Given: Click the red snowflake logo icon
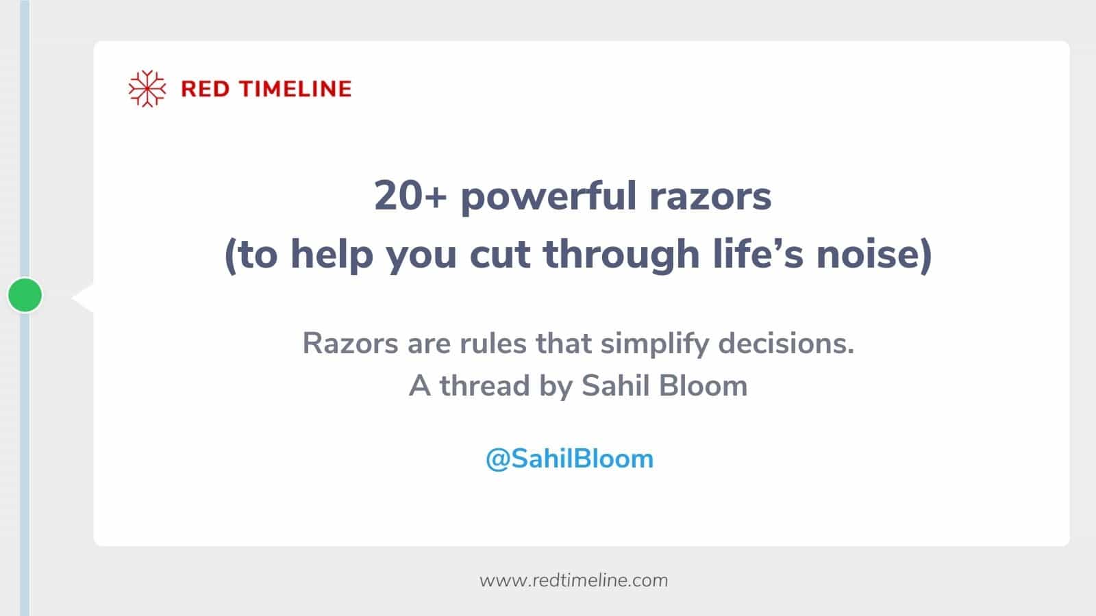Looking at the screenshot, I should (x=147, y=89).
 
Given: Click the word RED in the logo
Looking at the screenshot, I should (x=205, y=89).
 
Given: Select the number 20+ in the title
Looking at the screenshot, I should (x=410, y=196).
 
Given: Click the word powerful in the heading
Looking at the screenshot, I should (x=549, y=197).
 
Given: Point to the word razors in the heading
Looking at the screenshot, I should (x=710, y=197).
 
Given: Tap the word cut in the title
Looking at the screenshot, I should (x=499, y=255).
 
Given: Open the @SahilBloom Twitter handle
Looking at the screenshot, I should (x=569, y=459).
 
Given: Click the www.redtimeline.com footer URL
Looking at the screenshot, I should (x=573, y=580).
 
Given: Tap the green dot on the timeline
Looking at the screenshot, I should (x=25, y=295).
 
